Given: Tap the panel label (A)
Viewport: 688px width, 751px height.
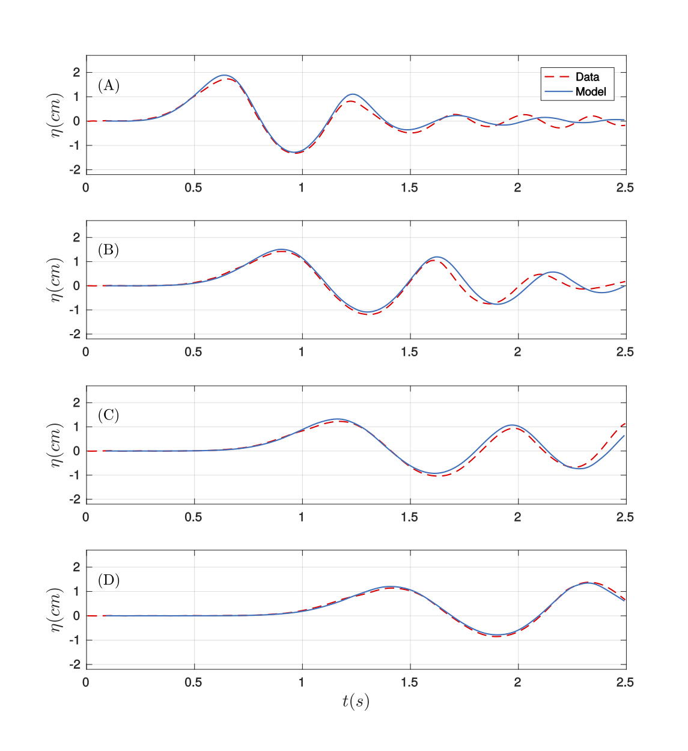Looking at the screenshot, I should [x=109, y=85].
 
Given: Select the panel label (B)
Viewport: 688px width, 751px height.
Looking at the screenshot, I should [x=109, y=250].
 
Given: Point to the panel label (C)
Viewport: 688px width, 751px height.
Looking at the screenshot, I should [x=109, y=415].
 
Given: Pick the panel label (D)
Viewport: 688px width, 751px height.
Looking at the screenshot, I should [x=109, y=580].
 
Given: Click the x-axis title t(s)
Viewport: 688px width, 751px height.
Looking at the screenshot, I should [x=356, y=701].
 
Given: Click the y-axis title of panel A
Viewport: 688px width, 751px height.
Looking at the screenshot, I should [x=56, y=115].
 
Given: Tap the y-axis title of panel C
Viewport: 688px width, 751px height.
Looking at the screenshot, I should [x=56, y=445].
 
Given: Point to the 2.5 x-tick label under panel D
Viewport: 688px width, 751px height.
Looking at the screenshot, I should [x=625, y=682].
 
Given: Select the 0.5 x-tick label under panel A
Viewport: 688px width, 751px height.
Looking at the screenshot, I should [x=193, y=187].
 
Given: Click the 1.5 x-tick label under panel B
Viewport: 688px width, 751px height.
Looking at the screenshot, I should [x=409, y=352].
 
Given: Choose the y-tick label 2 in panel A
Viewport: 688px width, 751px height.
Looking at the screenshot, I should [x=76, y=73].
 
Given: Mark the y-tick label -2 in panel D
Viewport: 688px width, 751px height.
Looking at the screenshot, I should [x=75, y=664].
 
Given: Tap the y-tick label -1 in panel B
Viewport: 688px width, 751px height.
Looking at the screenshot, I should [x=75, y=311].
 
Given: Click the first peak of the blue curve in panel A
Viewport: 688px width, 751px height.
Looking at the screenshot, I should [x=224, y=75].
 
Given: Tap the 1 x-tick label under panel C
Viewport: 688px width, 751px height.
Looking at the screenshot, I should [x=302, y=517].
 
